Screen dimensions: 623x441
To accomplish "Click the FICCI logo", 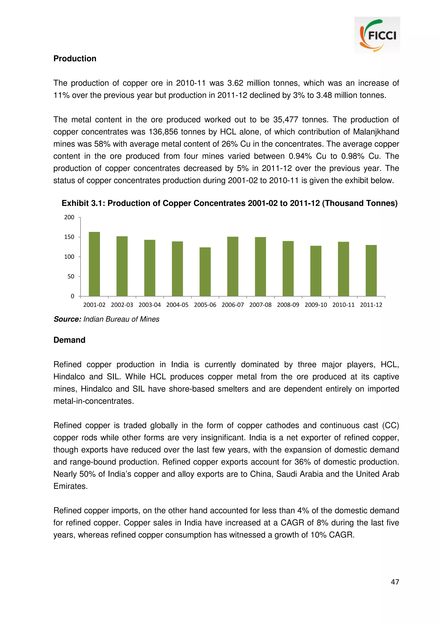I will pos(377,35).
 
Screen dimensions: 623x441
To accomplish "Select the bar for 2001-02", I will pos(94,264).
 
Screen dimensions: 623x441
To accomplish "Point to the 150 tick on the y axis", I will pos(69,237).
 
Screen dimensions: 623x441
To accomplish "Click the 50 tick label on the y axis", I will pos(71,276).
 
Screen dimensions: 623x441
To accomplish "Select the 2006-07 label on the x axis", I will pos(233,305).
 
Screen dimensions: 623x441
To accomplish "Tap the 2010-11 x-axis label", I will pos(343,305).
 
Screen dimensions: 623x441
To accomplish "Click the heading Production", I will pos(75,59).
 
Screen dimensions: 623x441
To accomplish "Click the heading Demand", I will pos(69,340).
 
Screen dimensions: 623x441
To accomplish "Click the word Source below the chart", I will pos(67,319).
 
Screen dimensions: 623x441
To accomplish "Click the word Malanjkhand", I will pos(376,132).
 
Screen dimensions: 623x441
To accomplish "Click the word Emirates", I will pos(70,486).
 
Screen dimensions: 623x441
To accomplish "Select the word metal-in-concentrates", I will pos(93,401).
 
